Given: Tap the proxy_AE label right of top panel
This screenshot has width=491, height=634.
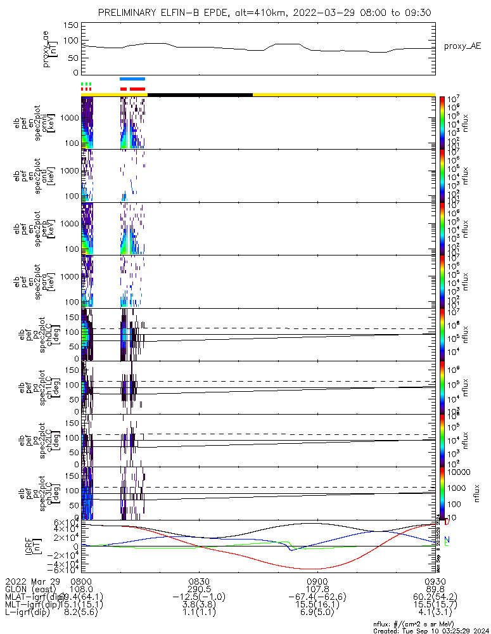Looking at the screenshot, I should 462,47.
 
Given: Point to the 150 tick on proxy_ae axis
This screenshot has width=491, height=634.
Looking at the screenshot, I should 71,25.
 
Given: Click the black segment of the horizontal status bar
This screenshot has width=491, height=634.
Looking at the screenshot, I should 200,94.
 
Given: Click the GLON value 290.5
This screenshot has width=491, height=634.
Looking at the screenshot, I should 200,588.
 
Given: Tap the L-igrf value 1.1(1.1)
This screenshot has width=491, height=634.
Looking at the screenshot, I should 200,612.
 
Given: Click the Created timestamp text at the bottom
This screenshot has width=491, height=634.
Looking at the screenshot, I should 430,631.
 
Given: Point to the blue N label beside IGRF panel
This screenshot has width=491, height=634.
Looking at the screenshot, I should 447,540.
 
